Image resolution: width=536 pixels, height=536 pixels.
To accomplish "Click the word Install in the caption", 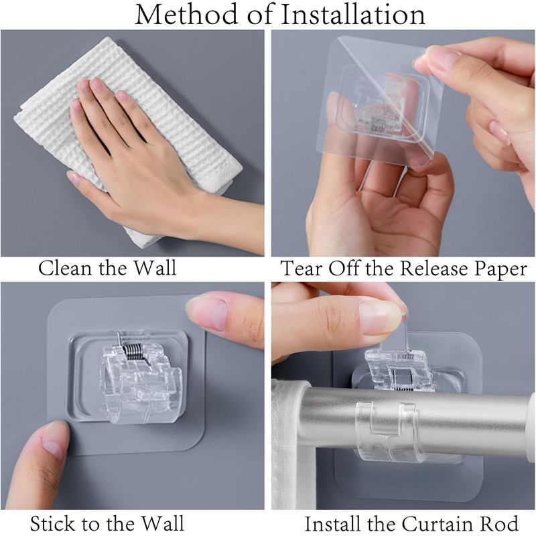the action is pyautogui.click(x=332, y=524).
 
